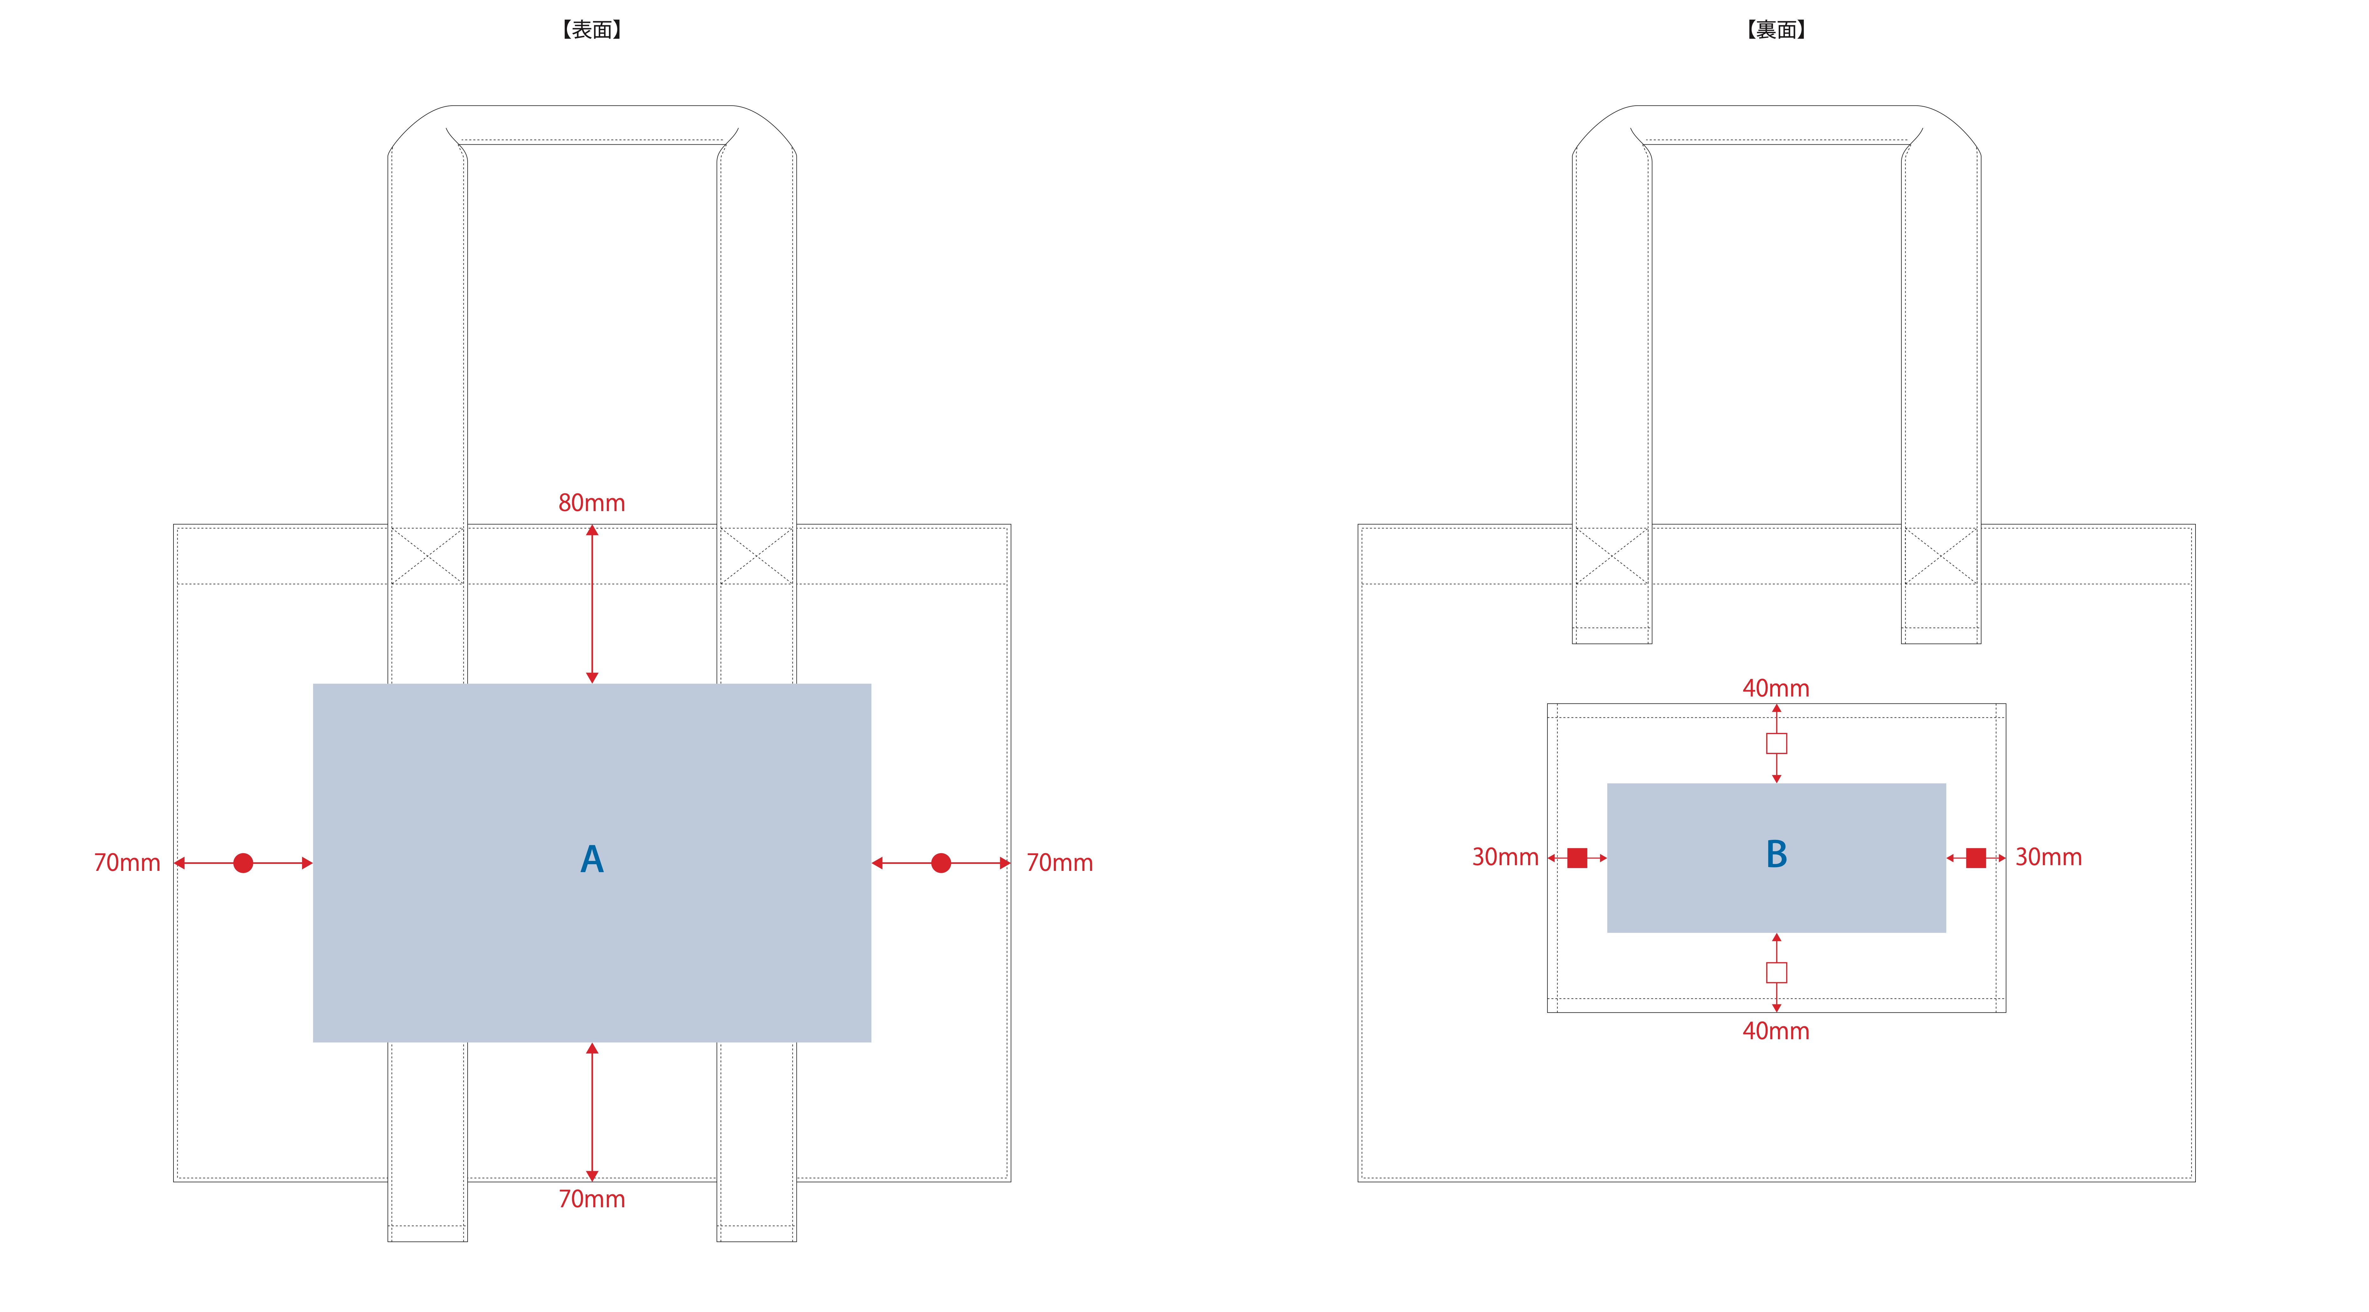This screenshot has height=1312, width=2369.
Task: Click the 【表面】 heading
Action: click(x=591, y=30)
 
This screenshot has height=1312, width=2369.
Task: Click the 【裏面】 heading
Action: click(x=1776, y=30)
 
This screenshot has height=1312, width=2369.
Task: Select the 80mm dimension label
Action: click(x=591, y=503)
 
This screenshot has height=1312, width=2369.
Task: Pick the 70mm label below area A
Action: click(x=591, y=1199)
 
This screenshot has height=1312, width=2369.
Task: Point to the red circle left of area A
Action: click(x=243, y=862)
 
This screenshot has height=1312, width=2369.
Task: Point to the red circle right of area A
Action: click(x=941, y=862)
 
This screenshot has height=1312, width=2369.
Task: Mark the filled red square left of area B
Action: click(x=1577, y=858)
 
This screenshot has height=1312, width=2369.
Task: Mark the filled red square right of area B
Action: click(x=1975, y=858)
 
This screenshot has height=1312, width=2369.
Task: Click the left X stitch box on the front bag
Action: click(x=428, y=555)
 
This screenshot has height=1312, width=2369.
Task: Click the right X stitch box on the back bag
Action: click(x=1940, y=555)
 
